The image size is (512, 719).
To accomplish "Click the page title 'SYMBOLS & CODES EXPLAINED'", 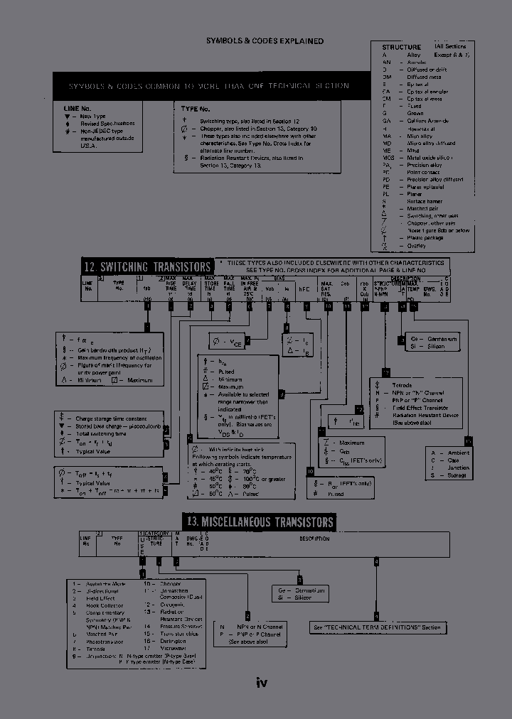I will pyautogui.click(x=265, y=41).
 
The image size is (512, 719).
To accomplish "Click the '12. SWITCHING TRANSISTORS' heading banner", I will pyautogui.click(x=146, y=266).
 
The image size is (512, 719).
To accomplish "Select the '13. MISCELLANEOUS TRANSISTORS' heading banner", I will pyautogui.click(x=258, y=522).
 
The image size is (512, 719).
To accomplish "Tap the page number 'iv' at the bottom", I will pyautogui.click(x=261, y=683).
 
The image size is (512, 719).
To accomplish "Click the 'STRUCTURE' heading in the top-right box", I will pyautogui.click(x=401, y=47).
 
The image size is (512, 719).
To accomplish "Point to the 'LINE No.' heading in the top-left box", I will pyautogui.click(x=78, y=108).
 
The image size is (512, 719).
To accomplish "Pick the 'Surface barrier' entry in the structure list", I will pyautogui.click(x=425, y=201).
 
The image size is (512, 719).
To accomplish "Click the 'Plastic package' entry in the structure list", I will pyautogui.click(x=426, y=238).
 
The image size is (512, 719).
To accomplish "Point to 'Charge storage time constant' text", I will pyautogui.click(x=112, y=418).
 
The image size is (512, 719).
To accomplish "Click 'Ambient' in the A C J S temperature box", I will pyautogui.click(x=457, y=452).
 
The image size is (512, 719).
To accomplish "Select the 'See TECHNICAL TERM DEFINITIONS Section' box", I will pyautogui.click(x=378, y=627).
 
